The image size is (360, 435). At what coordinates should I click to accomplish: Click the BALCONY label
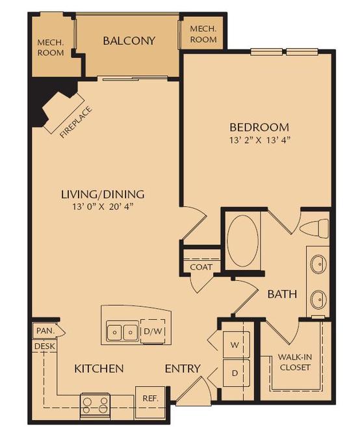(129, 41)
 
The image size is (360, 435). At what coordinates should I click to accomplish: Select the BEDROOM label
(259, 127)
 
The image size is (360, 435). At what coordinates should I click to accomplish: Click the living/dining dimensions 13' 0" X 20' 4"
(102, 207)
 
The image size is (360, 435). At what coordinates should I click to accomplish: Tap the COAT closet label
(201, 267)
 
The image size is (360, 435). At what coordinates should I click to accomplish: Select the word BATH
(282, 294)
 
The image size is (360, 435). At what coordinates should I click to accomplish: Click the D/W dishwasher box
(153, 332)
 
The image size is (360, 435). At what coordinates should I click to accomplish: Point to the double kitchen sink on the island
(122, 332)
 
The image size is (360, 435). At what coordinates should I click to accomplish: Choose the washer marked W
(235, 345)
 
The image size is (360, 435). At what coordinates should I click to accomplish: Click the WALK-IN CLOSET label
(294, 362)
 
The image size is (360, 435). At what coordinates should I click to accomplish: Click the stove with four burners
(95, 406)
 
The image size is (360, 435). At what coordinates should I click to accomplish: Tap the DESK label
(44, 347)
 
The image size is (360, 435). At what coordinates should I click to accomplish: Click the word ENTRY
(183, 369)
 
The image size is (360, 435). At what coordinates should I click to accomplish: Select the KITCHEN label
(99, 369)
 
